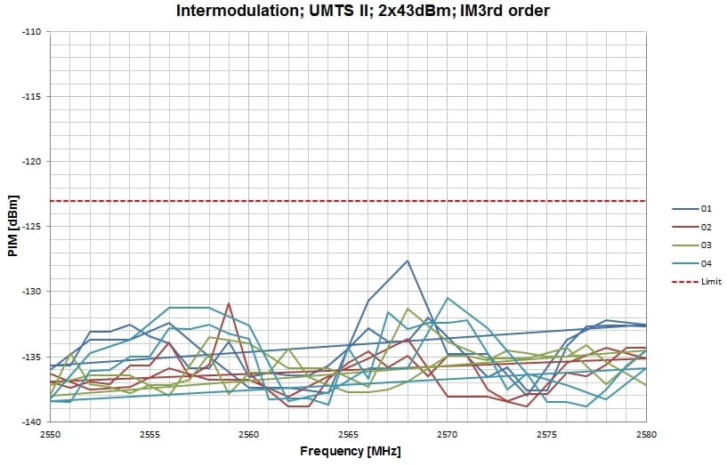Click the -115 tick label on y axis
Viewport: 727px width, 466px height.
tap(32, 96)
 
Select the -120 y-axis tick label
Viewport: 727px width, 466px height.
tap(32, 161)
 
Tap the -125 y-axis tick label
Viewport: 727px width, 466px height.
tap(32, 226)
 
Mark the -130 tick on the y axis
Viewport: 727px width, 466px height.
tap(32, 291)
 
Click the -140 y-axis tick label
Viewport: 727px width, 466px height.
tap(32, 422)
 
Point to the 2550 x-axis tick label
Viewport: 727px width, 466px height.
tap(50, 434)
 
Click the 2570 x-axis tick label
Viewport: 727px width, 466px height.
tap(448, 434)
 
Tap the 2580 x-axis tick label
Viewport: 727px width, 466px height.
tap(646, 434)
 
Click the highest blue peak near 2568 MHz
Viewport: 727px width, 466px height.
tap(408, 261)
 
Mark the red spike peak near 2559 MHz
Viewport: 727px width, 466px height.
tap(229, 303)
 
